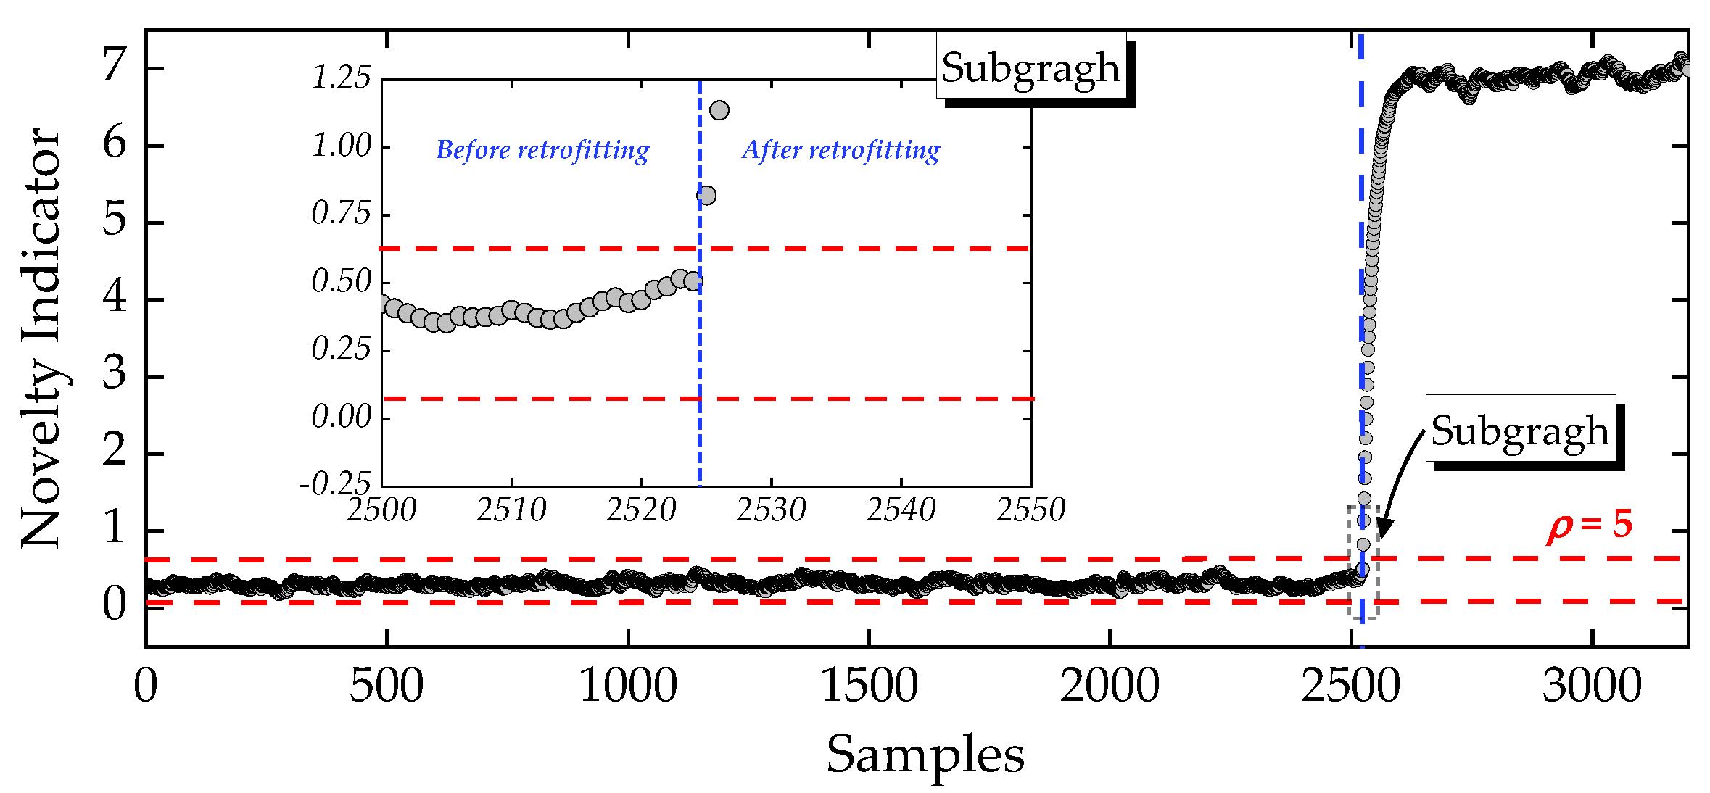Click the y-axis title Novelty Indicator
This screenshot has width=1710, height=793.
click(42, 338)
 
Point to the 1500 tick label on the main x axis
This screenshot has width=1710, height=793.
click(869, 686)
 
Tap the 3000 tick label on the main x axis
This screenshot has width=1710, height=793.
click(1592, 686)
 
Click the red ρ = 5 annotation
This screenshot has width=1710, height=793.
click(1588, 525)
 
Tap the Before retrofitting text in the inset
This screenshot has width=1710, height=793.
click(542, 150)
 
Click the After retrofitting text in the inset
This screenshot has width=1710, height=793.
click(840, 150)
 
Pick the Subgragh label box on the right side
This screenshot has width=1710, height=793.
click(1520, 430)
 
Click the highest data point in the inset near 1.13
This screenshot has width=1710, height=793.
click(719, 110)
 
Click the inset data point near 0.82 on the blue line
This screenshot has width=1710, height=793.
click(706, 195)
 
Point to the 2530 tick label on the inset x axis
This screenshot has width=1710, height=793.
click(771, 510)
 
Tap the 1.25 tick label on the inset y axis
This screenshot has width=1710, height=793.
click(341, 78)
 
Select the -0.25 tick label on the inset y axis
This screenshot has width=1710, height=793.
click(335, 483)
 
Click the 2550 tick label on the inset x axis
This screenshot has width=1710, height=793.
click(1030, 510)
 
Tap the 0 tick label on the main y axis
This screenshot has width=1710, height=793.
click(115, 604)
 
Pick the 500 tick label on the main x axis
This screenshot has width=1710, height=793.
click(387, 686)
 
